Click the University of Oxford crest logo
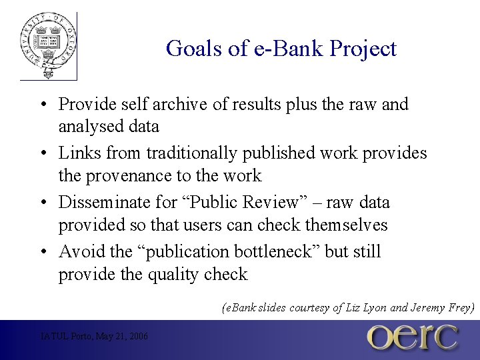[48, 45]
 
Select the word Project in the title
[365, 49]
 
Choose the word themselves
[345, 225]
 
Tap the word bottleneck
[274, 252]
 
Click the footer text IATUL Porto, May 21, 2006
[94, 336]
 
